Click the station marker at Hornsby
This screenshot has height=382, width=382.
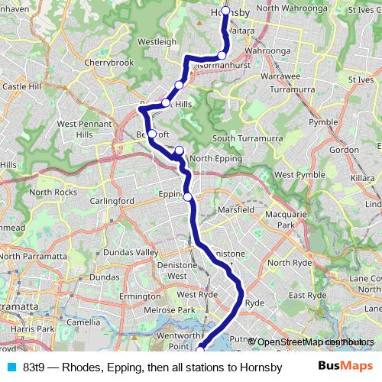click(x=226, y=11)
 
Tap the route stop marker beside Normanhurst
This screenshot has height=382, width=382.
click(x=222, y=55)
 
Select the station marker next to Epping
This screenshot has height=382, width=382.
click(x=188, y=196)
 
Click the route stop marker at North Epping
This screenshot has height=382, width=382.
click(x=179, y=151)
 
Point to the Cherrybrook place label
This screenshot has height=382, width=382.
click(x=108, y=62)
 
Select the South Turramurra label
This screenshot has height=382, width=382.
click(x=248, y=138)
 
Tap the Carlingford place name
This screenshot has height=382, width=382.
click(x=112, y=201)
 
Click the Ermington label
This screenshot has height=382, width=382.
click(x=140, y=296)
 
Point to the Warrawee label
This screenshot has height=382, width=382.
click(x=280, y=77)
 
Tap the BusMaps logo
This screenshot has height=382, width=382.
click(x=345, y=366)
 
